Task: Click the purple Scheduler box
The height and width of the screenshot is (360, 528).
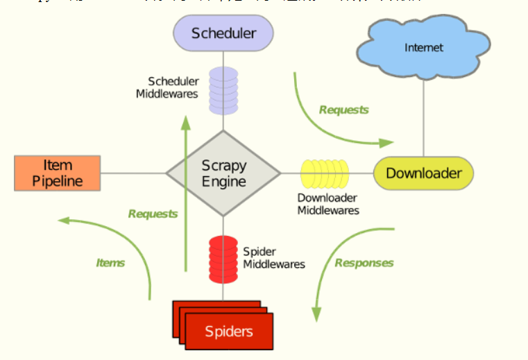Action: [x=223, y=33]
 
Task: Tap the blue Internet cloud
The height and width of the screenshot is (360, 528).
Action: [x=423, y=49]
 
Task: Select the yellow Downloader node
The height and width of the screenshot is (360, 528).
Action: [x=423, y=173]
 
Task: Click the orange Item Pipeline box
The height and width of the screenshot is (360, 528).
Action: [x=58, y=173]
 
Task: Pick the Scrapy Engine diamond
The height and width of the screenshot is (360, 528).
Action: [x=223, y=173]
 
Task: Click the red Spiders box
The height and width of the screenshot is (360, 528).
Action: [x=228, y=331]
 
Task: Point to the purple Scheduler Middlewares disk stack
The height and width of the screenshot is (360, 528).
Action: [x=223, y=90]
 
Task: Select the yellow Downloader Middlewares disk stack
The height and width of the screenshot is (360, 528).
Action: [x=325, y=173]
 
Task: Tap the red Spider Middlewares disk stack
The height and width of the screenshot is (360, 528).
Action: [x=223, y=259]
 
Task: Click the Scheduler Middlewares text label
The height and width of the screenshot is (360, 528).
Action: [x=167, y=87]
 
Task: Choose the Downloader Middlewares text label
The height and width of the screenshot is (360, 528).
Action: [x=328, y=204]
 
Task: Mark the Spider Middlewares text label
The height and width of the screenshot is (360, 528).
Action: [x=273, y=257]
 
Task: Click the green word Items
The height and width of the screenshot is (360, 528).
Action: [x=110, y=263]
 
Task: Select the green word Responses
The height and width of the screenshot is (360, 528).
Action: [x=364, y=263]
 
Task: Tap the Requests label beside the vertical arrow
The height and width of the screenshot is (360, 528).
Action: [x=153, y=214]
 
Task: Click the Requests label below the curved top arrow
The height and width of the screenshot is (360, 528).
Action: [x=343, y=110]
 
